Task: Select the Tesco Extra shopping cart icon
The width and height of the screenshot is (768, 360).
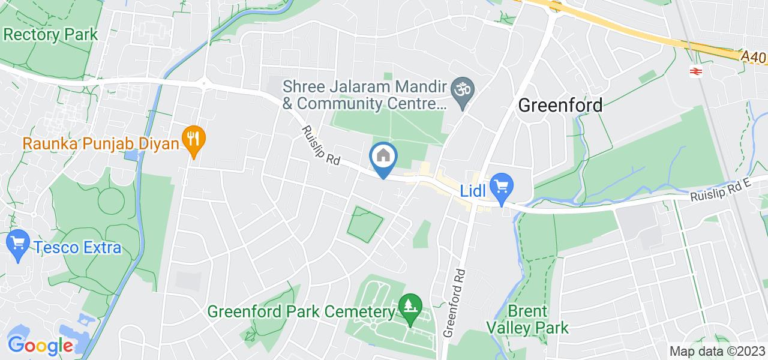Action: click(18, 244)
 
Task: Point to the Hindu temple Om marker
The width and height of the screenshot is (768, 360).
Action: click(463, 91)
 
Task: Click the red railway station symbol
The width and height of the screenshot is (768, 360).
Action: click(696, 71)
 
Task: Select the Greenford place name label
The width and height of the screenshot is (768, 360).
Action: click(560, 106)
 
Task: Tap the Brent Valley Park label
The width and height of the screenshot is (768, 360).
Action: click(527, 319)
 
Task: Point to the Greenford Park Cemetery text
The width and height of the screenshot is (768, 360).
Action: click(302, 312)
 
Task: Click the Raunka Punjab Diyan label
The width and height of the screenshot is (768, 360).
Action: click(101, 143)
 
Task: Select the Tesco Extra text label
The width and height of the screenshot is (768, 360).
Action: click(77, 247)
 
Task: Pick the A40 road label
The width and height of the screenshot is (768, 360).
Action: click(753, 57)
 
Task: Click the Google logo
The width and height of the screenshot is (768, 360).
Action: click(40, 346)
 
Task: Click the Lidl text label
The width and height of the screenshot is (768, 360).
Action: click(473, 191)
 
